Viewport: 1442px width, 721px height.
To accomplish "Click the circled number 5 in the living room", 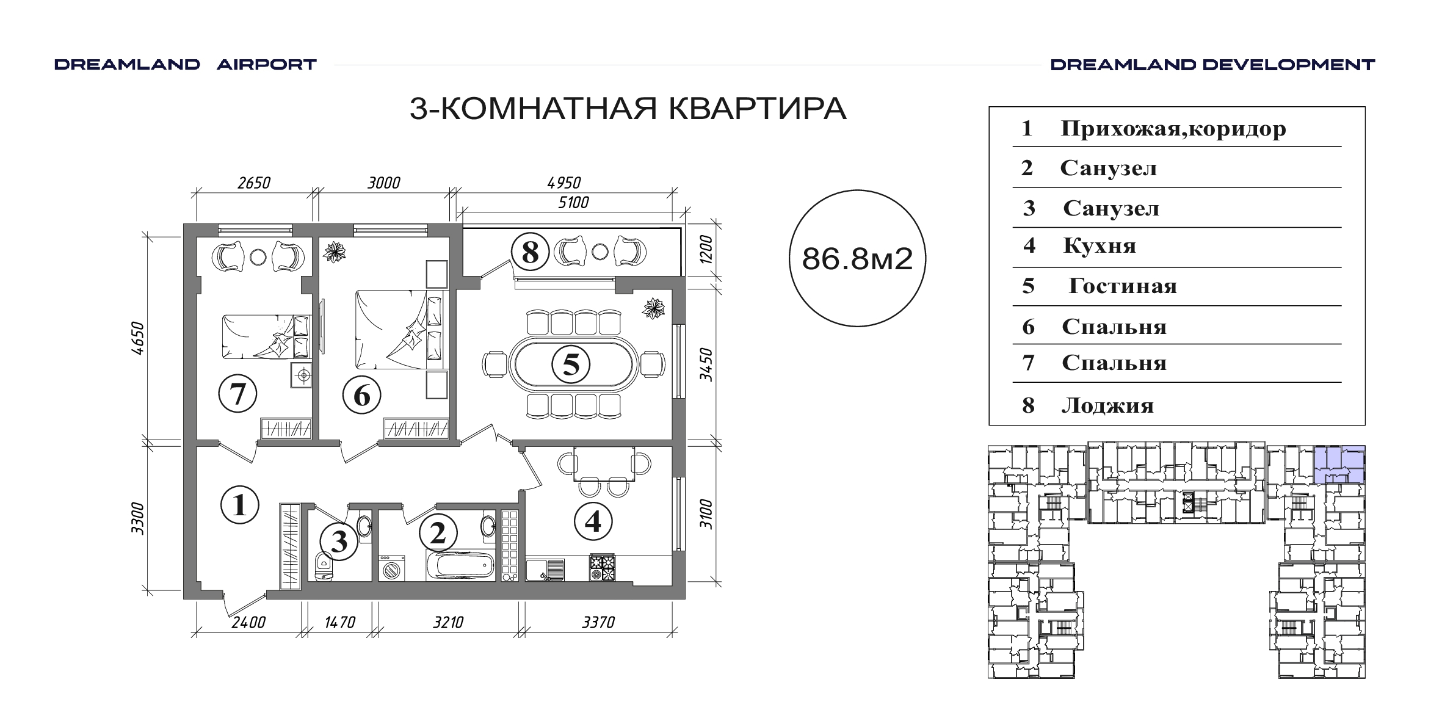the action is click(570, 364).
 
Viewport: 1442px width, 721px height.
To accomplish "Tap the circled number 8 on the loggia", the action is click(530, 252).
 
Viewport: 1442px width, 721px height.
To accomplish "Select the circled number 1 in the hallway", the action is click(239, 505).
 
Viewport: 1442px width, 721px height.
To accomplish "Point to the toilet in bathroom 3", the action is click(322, 567).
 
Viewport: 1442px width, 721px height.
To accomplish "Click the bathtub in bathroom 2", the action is click(460, 566).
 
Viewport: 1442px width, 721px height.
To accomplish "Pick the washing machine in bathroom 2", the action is click(391, 568).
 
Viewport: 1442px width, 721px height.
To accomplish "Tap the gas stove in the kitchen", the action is click(602, 567).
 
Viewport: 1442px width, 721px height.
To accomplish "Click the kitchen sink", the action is click(545, 570).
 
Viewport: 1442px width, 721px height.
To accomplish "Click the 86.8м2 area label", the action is click(857, 259).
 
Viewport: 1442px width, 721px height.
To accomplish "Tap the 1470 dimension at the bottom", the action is click(340, 622).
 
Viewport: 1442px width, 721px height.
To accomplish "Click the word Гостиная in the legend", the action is click(1122, 286).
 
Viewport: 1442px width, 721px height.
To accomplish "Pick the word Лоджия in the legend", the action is click(1107, 406).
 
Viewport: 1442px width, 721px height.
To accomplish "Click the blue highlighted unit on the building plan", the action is click(1339, 465).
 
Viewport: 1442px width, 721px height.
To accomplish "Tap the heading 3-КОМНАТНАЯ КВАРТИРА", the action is click(628, 109).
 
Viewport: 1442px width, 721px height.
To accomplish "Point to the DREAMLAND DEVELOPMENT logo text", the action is click(1212, 65).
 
